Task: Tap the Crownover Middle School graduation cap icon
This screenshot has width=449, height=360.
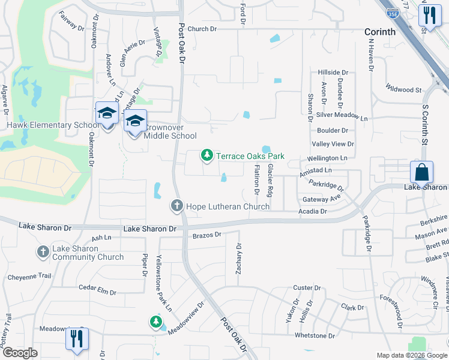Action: [136, 121]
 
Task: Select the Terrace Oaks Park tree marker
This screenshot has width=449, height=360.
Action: [207, 156]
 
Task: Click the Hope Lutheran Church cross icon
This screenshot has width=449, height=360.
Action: [177, 206]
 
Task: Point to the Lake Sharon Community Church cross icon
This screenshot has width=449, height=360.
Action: [43, 252]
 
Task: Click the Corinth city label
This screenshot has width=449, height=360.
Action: [381, 32]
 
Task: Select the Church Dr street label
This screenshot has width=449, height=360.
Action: [202, 29]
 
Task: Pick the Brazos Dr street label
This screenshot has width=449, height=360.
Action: [207, 235]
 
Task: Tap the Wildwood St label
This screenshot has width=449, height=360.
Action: [403, 89]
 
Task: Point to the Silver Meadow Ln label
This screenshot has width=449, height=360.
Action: [342, 116]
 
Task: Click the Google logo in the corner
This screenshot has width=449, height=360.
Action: [19, 353]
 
